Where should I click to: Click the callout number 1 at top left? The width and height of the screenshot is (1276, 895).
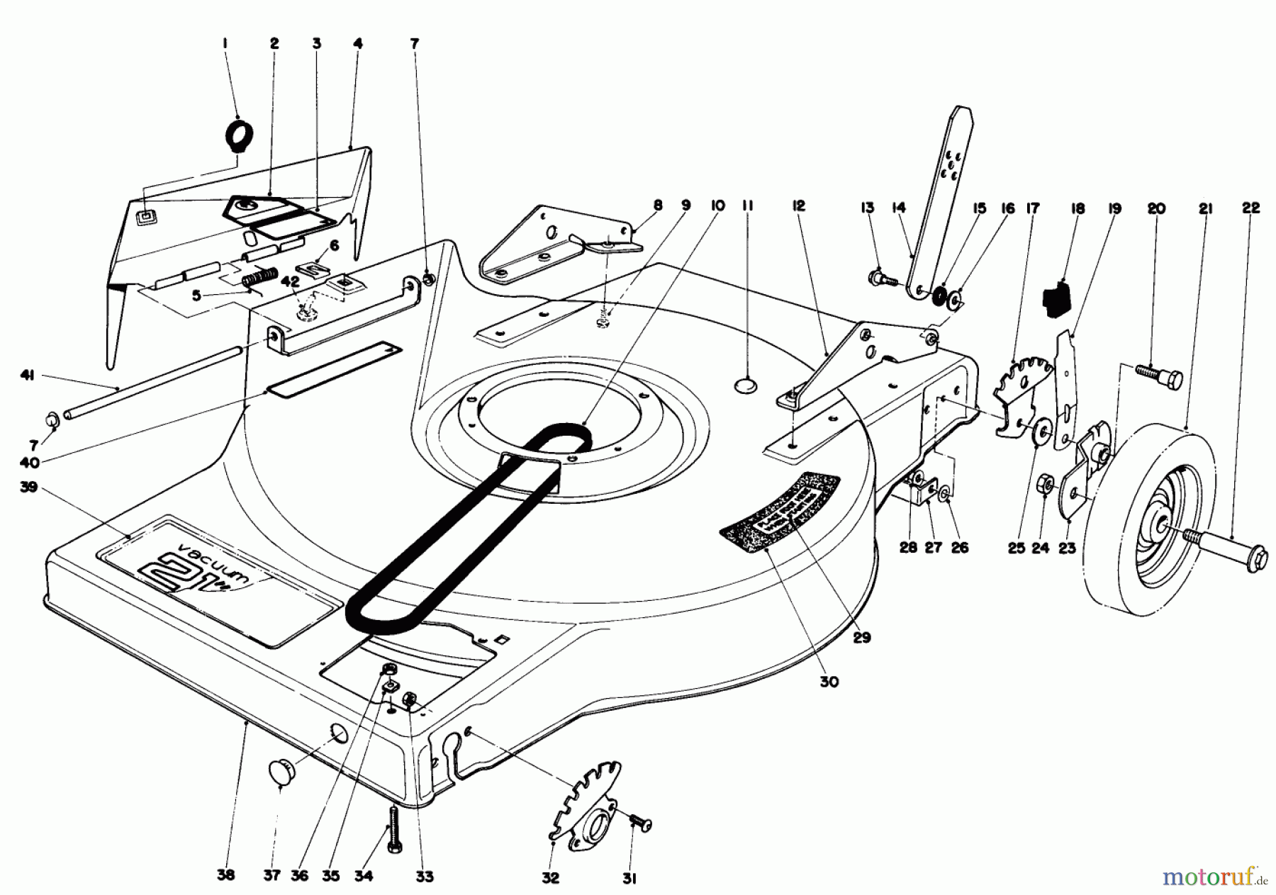[x=225, y=44]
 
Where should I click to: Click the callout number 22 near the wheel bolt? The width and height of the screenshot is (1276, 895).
[x=1251, y=208]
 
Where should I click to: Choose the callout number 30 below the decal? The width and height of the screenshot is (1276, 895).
[x=829, y=682]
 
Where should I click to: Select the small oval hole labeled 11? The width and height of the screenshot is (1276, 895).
[x=746, y=385]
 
